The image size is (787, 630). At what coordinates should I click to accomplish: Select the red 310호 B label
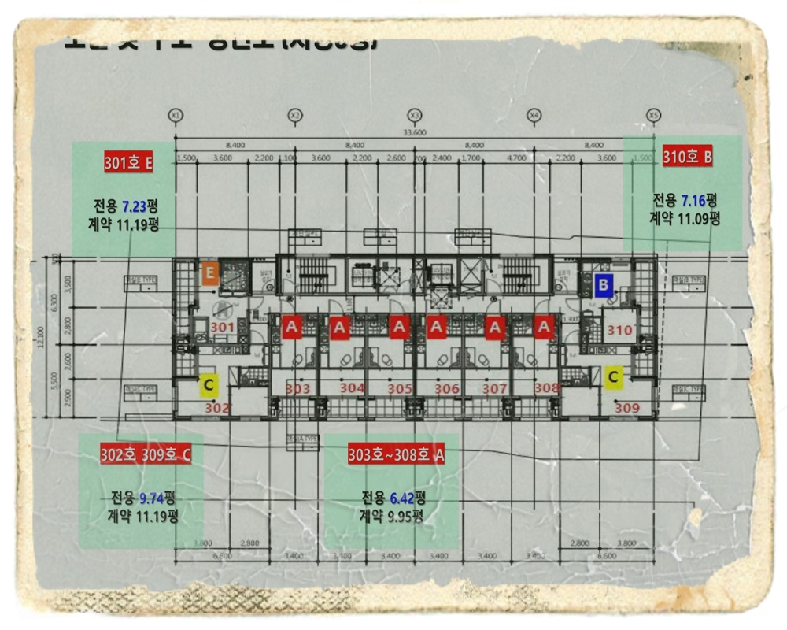(688, 157)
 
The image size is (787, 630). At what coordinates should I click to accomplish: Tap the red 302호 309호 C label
(146, 455)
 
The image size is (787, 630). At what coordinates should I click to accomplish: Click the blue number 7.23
(132, 206)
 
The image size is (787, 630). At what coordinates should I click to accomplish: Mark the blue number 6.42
(402, 498)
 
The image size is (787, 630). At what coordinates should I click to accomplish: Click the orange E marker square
(209, 274)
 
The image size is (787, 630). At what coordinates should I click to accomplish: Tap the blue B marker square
(603, 285)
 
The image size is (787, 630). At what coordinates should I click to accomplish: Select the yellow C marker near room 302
(209, 384)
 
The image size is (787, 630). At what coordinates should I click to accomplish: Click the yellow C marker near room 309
(614, 378)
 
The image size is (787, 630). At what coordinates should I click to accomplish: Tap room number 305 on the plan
(400, 389)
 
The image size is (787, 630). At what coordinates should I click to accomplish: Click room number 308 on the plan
(546, 387)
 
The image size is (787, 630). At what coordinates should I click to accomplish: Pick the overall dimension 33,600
(414, 132)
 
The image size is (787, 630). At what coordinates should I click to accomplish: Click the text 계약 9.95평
(391, 517)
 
